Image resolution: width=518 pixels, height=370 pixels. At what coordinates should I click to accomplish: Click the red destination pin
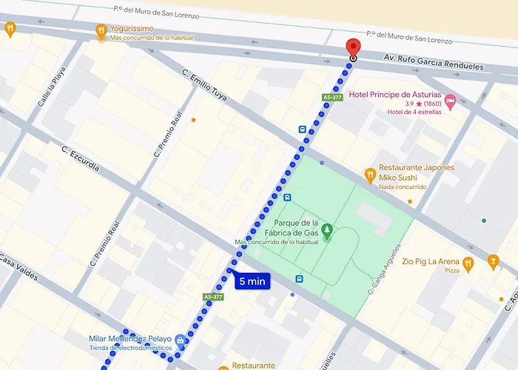tap(353, 47)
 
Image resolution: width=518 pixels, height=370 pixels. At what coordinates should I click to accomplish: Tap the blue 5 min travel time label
tap(252, 281)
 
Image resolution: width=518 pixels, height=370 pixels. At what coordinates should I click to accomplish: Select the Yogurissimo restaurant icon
tap(101, 30)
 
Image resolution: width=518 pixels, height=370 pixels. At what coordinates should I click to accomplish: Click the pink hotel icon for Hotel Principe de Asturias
tap(450, 98)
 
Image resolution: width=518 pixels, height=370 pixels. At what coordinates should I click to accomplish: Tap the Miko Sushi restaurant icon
tap(370, 175)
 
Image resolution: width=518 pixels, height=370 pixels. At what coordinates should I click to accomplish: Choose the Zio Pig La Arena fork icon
tap(468, 263)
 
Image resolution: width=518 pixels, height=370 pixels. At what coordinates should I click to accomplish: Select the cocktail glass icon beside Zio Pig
tap(494, 262)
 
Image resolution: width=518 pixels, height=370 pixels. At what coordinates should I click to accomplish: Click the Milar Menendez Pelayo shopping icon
tap(181, 340)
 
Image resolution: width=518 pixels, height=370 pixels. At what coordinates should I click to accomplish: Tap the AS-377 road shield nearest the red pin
tap(332, 97)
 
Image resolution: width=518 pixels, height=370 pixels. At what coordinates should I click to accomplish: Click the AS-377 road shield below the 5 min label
tap(212, 297)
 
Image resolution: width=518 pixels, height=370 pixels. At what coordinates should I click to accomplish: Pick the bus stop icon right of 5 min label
tap(299, 279)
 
